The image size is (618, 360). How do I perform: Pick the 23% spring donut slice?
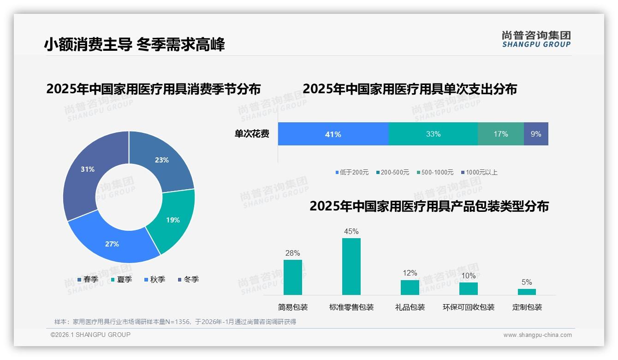[161, 160]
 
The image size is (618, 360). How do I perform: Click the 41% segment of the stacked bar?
[333, 134]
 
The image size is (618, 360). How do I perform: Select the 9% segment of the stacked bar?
[536, 134]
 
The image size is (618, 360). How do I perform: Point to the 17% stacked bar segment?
[500, 134]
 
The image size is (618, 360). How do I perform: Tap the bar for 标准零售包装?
[351, 266]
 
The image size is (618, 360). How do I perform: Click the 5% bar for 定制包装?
[527, 292]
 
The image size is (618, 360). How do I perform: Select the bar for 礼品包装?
[410, 287]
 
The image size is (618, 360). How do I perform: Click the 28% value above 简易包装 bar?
[292, 253]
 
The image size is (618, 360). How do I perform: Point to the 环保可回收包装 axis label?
[468, 307]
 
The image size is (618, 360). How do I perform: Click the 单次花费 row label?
[252, 134]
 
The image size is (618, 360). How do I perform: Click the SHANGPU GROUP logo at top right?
[536, 39]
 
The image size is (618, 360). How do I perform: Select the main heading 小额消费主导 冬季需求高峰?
[134, 44]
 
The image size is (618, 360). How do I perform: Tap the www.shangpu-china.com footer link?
[537, 335]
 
